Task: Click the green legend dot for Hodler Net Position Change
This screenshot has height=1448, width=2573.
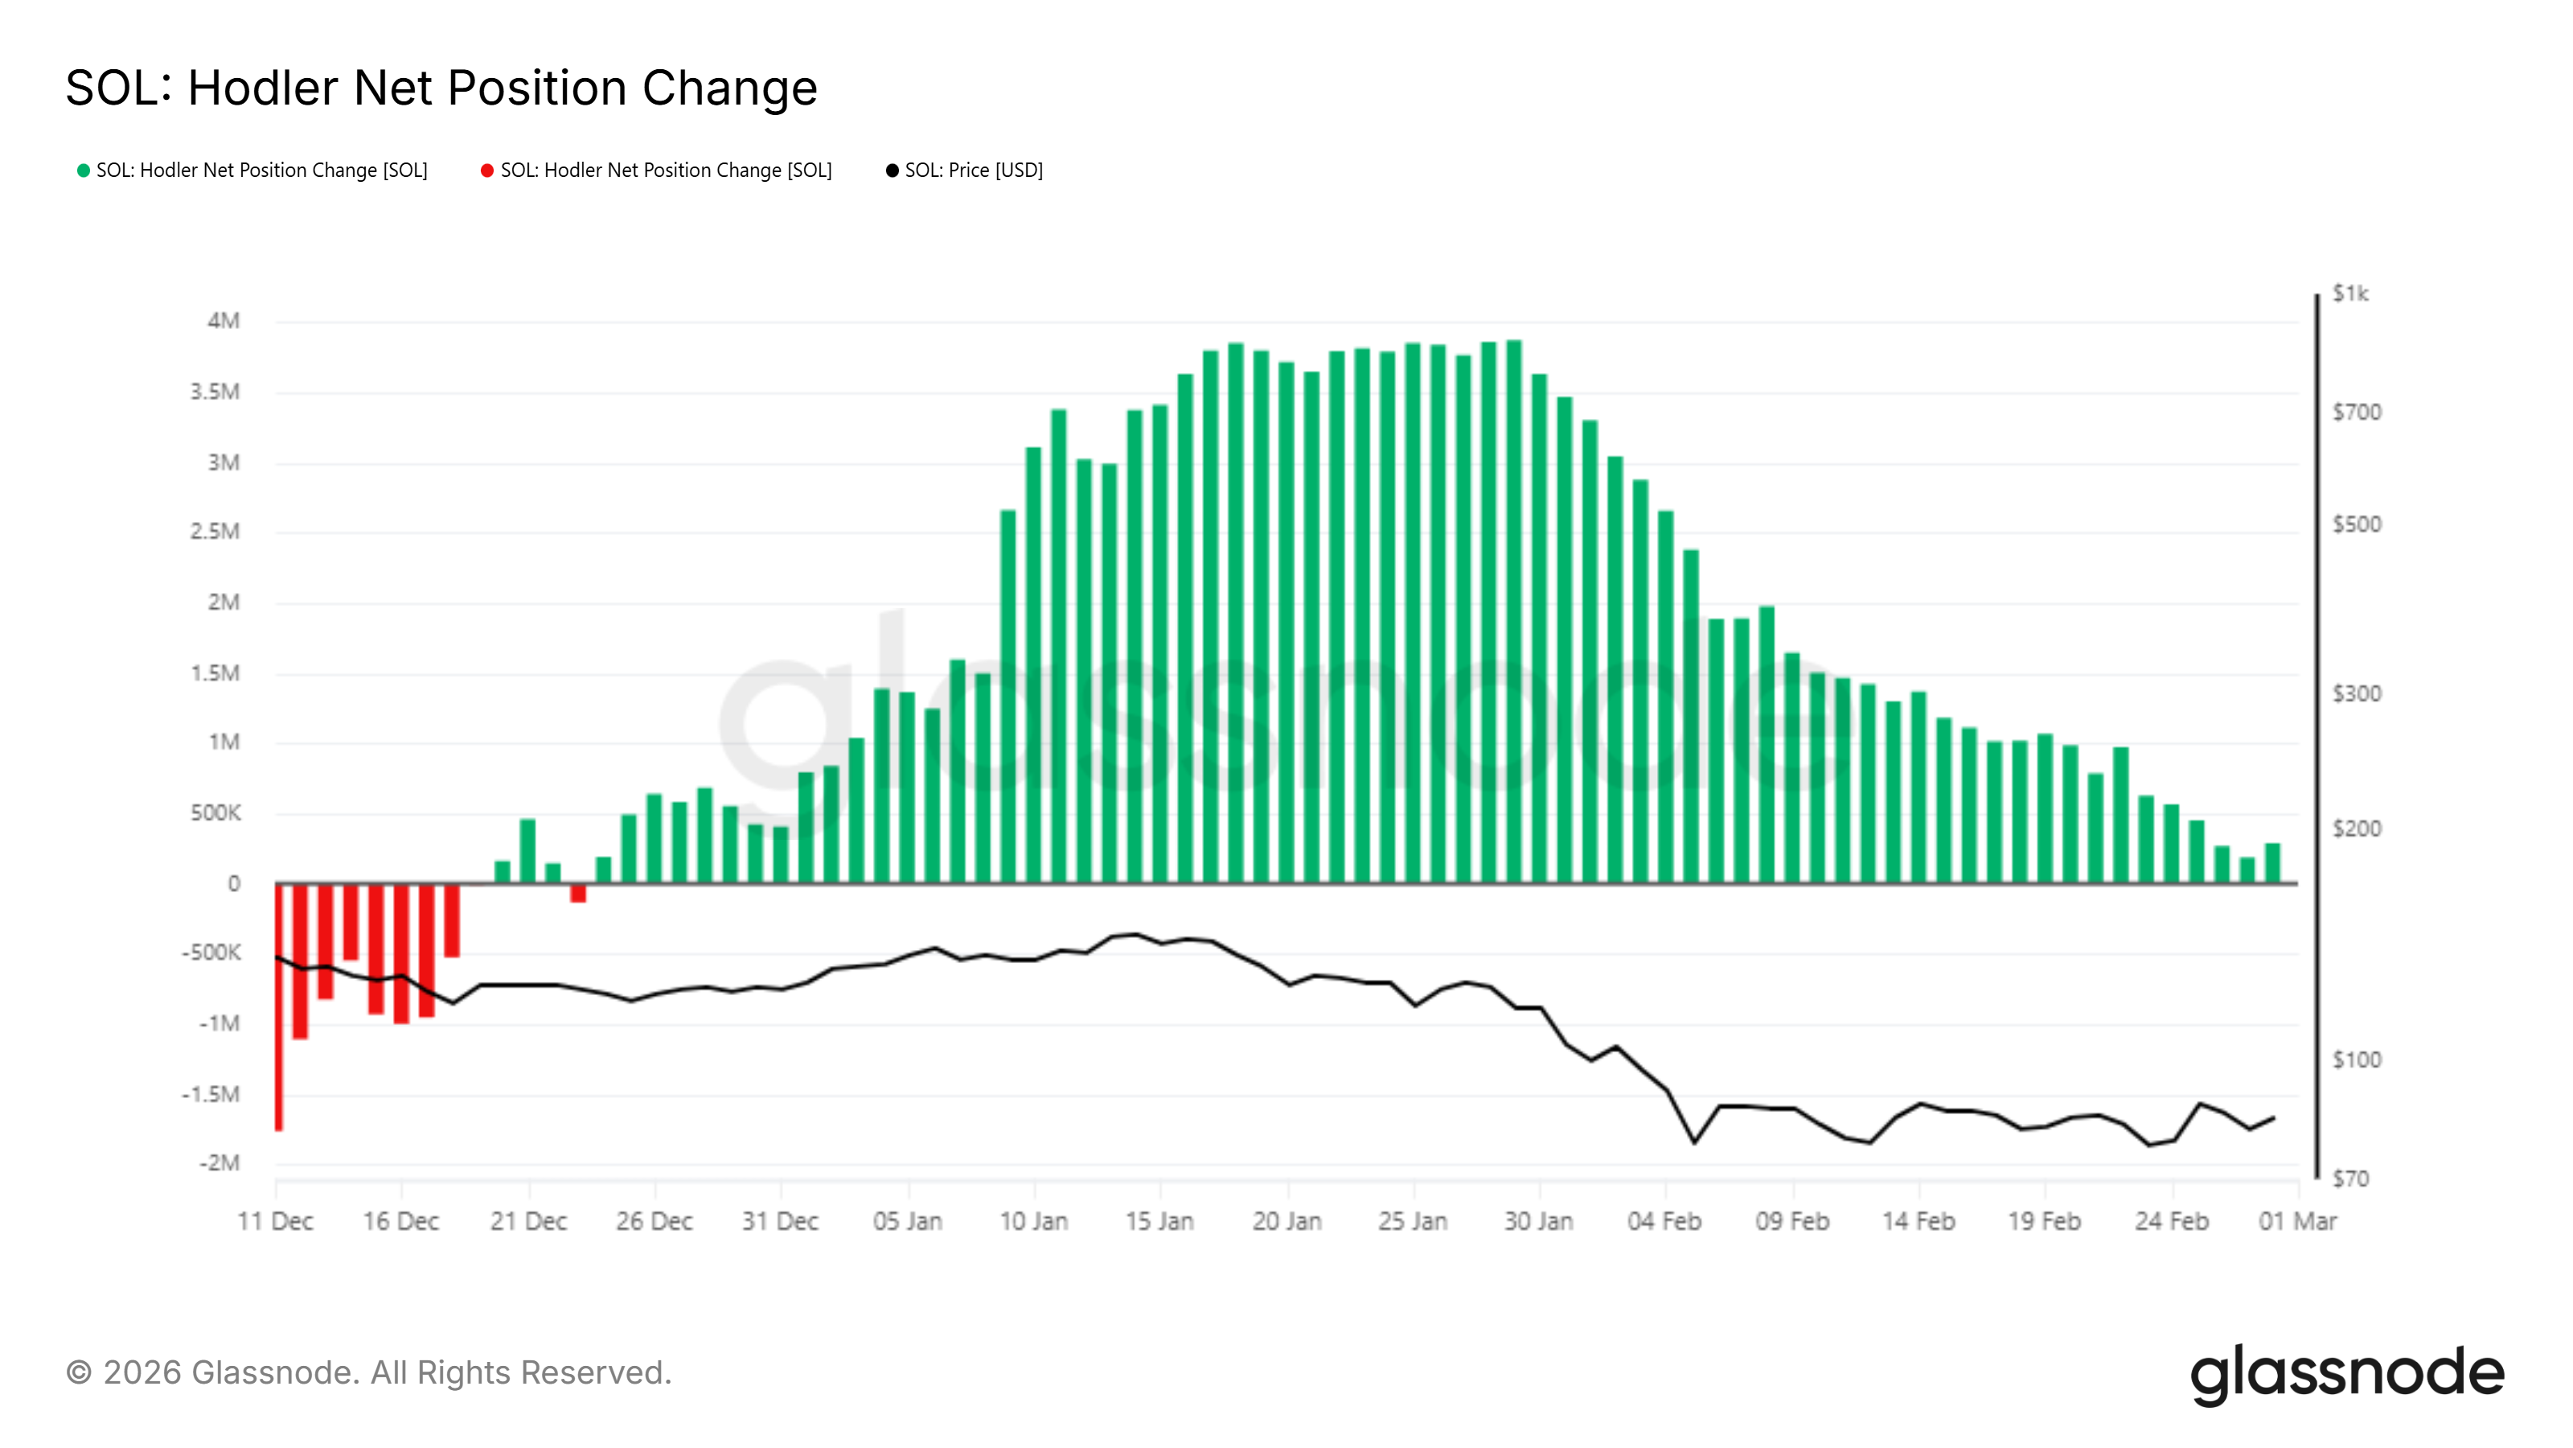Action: (84, 171)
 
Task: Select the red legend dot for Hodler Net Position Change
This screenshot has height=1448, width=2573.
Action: (487, 171)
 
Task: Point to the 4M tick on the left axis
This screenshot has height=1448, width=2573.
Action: (224, 321)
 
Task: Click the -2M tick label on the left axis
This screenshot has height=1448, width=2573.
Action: (220, 1163)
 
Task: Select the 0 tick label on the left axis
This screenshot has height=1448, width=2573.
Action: (234, 883)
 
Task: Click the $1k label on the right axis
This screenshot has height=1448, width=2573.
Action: (2350, 294)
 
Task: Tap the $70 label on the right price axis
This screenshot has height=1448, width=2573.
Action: (2350, 1179)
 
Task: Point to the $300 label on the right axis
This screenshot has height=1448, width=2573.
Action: (2356, 693)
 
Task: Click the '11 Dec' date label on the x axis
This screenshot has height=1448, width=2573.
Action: (276, 1221)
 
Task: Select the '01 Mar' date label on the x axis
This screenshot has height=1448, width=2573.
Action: (2297, 1221)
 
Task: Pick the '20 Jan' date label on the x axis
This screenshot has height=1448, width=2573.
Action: (1286, 1221)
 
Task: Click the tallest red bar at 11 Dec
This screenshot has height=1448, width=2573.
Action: (280, 1010)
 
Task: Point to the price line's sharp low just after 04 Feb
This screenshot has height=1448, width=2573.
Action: (1694, 1142)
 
